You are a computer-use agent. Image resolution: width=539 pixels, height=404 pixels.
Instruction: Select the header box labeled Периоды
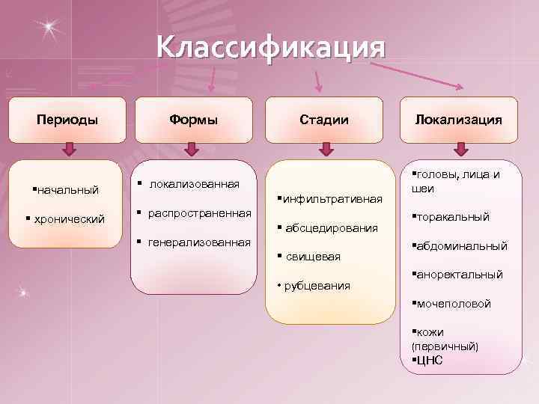(67, 120)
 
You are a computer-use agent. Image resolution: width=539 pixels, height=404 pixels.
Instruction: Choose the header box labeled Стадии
(324, 120)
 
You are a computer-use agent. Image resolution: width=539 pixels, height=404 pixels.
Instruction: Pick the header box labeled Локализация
(459, 120)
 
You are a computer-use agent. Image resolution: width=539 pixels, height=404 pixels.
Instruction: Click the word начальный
(68, 190)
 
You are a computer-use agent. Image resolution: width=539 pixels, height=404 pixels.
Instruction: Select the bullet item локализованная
(194, 183)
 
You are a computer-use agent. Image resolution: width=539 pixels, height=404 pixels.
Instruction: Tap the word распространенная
(200, 212)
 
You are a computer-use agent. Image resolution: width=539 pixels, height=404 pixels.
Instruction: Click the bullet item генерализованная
(199, 242)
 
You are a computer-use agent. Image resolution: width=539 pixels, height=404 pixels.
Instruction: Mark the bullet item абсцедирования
(330, 227)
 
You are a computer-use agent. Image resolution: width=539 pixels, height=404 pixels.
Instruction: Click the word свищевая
(312, 257)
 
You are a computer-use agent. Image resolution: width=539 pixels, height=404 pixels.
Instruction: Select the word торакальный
(452, 217)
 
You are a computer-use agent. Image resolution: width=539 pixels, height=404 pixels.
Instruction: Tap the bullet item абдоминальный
(461, 245)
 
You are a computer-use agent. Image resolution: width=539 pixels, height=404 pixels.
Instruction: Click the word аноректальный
(459, 275)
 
